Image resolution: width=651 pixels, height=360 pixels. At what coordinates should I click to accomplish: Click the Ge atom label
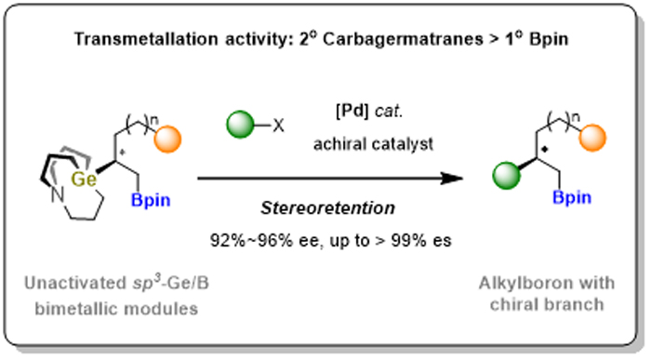(x=84, y=180)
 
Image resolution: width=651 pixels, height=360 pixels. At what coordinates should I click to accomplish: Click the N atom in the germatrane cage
(x=58, y=195)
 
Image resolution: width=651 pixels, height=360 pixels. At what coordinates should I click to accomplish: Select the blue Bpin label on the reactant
(x=151, y=200)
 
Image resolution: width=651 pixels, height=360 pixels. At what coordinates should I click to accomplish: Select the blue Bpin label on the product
(x=572, y=197)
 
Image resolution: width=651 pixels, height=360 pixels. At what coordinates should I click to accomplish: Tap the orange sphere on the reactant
(x=167, y=140)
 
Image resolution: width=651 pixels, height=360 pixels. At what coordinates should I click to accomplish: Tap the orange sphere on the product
(x=592, y=138)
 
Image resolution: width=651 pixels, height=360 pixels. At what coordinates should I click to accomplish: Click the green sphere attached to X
(x=240, y=124)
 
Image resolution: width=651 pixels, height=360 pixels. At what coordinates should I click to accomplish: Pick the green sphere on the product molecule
(x=507, y=176)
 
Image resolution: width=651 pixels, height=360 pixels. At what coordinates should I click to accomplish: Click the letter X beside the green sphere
(x=279, y=125)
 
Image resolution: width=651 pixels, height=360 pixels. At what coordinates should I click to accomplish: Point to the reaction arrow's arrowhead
(x=453, y=179)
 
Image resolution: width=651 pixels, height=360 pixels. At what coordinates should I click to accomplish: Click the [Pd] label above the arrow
(x=352, y=112)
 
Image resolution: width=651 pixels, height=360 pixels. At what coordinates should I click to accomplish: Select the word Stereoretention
(x=328, y=208)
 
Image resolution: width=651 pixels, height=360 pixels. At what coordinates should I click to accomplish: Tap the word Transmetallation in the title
(x=146, y=39)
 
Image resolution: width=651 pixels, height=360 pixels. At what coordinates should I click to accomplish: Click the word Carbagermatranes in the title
(x=403, y=39)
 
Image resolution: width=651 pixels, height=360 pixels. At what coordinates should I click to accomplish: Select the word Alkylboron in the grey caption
(x=522, y=283)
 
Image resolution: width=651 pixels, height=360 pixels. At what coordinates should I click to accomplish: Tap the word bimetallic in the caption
(x=77, y=309)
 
